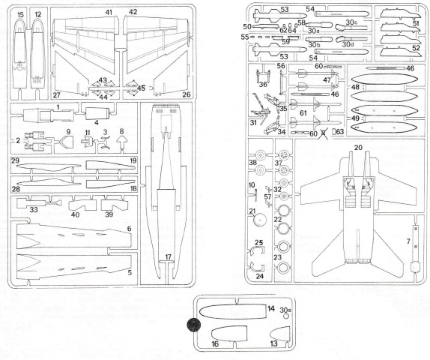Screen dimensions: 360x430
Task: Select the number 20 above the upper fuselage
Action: coord(358,148)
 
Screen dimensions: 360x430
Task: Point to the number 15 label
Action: coord(20,14)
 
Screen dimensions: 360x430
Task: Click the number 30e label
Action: coord(286,309)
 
